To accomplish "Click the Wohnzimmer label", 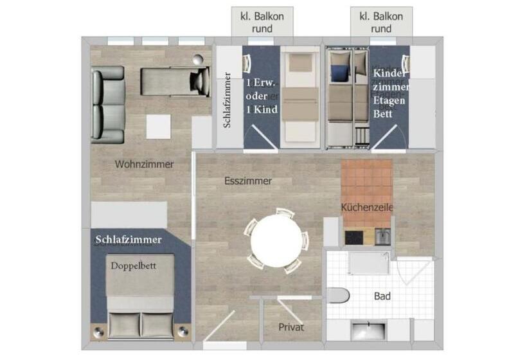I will click(144, 165).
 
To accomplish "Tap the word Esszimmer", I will click(248, 181).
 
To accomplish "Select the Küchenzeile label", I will click(366, 208).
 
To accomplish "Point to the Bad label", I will click(383, 296).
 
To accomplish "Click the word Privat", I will click(290, 327).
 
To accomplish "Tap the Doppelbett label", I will click(134, 265).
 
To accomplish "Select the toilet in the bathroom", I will click(338, 296).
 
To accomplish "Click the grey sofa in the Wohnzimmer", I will click(107, 104).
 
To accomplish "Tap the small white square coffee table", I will click(159, 126).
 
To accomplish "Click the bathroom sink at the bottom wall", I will click(369, 330).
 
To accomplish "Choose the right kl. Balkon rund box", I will click(382, 22).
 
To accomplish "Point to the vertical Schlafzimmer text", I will click(227, 100).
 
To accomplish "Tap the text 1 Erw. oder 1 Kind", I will click(262, 96).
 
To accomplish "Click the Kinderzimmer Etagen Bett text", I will click(391, 94).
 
